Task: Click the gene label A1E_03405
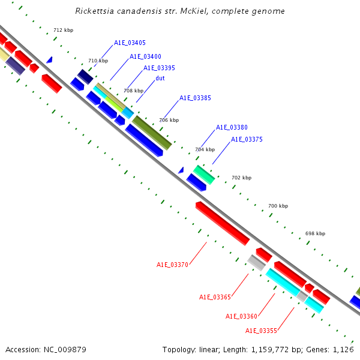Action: [x=130, y=43]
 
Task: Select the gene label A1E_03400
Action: [x=145, y=56]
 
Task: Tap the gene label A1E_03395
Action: [x=159, y=68]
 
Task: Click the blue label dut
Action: [x=160, y=78]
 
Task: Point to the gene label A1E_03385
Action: [x=195, y=98]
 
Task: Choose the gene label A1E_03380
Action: [x=232, y=127]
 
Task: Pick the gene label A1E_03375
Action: [x=247, y=139]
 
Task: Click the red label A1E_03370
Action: [x=173, y=265]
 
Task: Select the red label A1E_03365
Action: [x=215, y=297]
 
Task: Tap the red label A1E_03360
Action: [x=241, y=316]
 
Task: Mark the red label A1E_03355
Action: [x=261, y=331]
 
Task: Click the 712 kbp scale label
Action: [x=63, y=30]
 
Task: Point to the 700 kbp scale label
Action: [x=278, y=206]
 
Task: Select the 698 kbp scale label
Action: [x=315, y=233]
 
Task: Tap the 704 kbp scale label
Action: [x=205, y=149]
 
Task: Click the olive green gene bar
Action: [x=152, y=133]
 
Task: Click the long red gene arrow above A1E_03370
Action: [x=222, y=223]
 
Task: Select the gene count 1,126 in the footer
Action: [x=343, y=349]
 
